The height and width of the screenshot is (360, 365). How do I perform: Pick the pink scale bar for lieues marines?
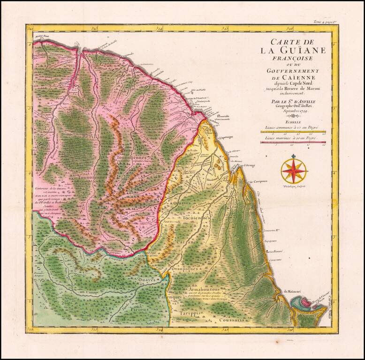[293, 142]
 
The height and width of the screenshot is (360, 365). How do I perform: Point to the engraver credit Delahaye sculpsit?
[294, 186]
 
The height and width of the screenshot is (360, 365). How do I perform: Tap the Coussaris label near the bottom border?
[231, 320]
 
